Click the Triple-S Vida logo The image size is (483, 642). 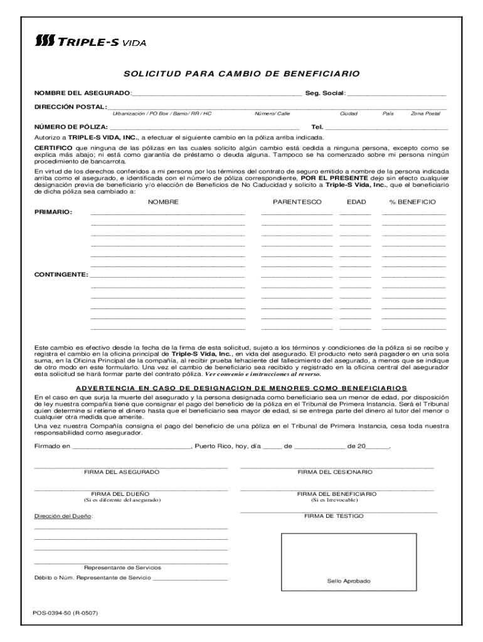click(x=90, y=42)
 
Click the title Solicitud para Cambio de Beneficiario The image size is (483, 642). click(x=242, y=74)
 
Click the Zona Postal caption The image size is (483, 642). click(x=425, y=114)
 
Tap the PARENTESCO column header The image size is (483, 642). click(x=297, y=202)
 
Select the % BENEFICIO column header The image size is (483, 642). click(x=413, y=202)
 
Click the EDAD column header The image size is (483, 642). click(x=356, y=202)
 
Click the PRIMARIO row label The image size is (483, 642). click(x=53, y=213)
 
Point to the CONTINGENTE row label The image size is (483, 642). click(x=61, y=275)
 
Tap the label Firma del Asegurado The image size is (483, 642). click(x=122, y=472)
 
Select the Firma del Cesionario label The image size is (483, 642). click(x=335, y=472)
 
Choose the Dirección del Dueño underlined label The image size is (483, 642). click(x=63, y=516)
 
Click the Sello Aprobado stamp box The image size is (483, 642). click(x=348, y=562)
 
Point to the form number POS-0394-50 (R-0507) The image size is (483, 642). click(x=66, y=613)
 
